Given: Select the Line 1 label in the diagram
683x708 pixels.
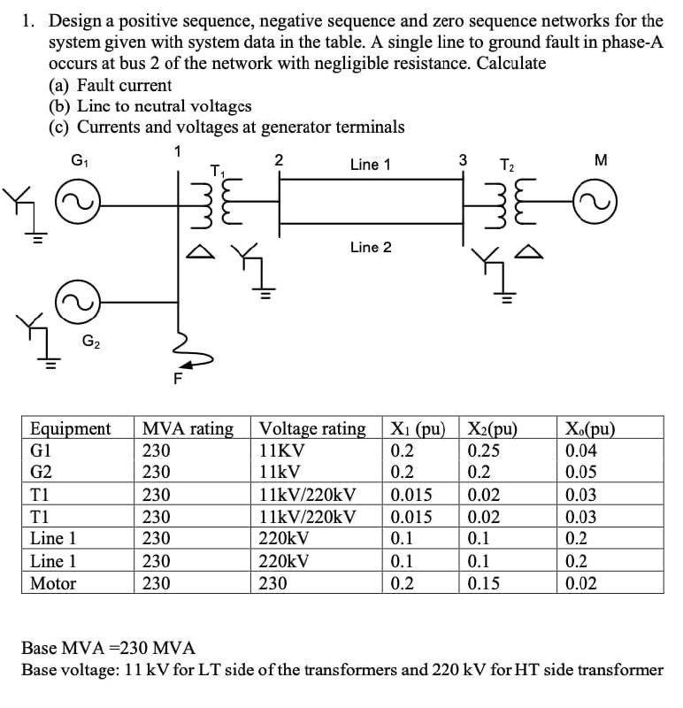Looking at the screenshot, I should (x=371, y=165).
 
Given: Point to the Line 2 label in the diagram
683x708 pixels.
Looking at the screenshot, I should (x=371, y=247).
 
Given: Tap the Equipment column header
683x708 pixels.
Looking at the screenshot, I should (x=71, y=429).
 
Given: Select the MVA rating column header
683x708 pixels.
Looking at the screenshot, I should (x=188, y=429).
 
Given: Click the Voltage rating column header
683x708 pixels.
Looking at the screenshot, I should (x=312, y=429).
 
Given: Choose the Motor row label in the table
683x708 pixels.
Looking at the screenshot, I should (x=53, y=583).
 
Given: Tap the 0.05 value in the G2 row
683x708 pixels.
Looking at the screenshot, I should (x=583, y=473).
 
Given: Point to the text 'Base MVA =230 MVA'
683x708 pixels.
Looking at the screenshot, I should (x=108, y=648).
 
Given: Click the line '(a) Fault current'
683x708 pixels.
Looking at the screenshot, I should (x=111, y=85).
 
